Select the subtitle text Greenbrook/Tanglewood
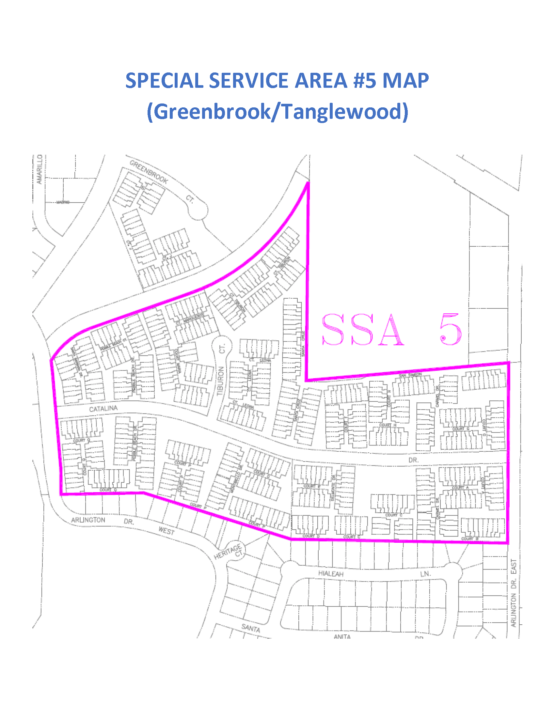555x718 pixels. pyautogui.click(x=277, y=111)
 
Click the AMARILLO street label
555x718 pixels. pyautogui.click(x=40, y=170)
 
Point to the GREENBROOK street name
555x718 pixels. pyautogui.click(x=149, y=172)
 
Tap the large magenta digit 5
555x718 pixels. pyautogui.click(x=451, y=329)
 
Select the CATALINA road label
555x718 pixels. pyautogui.click(x=103, y=409)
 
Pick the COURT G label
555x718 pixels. pyautogui.click(x=461, y=429)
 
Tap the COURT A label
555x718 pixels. pyautogui.click(x=460, y=487)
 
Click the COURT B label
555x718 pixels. pyautogui.click(x=469, y=538)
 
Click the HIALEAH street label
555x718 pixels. pyautogui.click(x=331, y=574)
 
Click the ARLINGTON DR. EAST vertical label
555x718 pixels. pyautogui.click(x=514, y=593)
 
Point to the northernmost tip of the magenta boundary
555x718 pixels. pyautogui.click(x=308, y=182)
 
